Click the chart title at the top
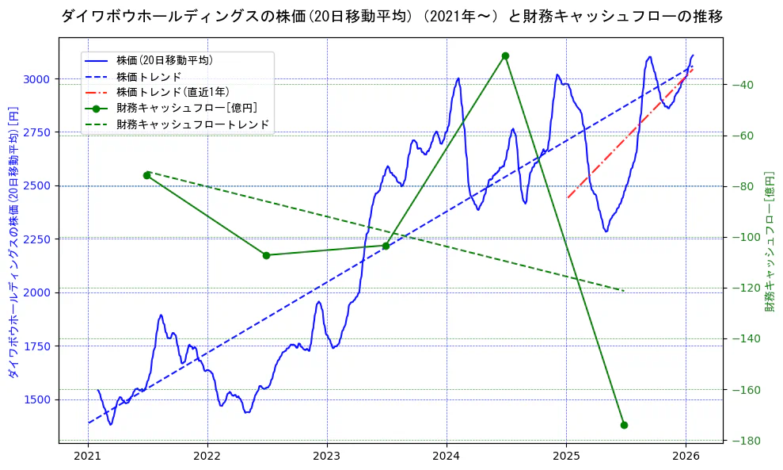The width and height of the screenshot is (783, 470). point(391,17)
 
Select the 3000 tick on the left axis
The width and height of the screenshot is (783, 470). point(39,79)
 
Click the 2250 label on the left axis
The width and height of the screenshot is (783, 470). point(39,239)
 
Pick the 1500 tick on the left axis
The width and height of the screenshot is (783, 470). point(39,399)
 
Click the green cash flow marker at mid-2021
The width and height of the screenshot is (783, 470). point(146,175)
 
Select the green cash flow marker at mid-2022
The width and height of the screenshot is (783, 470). point(266,255)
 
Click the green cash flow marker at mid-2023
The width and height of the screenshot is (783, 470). point(386,246)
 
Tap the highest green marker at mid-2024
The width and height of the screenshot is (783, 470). point(505,55)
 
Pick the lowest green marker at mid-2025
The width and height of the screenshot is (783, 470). point(624,425)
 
